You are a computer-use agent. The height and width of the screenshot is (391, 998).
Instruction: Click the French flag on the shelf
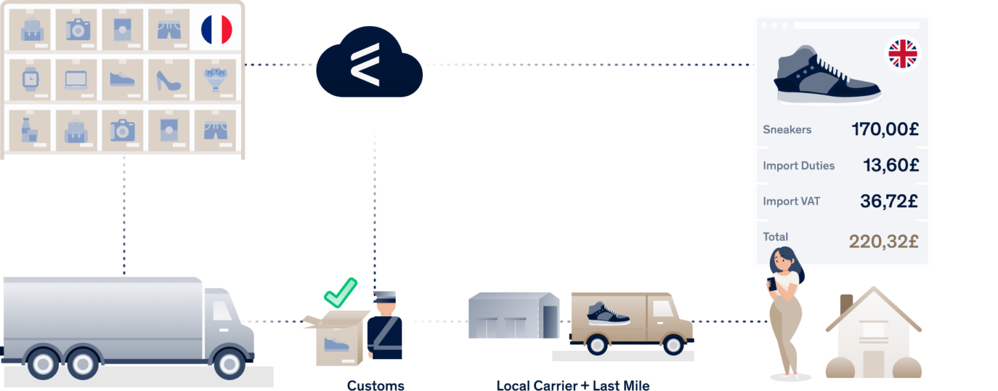[x=216, y=30]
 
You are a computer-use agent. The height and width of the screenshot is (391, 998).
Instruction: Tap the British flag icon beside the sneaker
[x=902, y=54]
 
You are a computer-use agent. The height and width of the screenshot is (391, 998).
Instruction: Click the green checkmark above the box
[x=340, y=293]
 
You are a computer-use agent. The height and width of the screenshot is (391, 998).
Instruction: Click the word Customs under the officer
[x=376, y=385]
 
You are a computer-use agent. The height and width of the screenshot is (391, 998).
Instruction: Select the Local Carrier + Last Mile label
[x=572, y=385]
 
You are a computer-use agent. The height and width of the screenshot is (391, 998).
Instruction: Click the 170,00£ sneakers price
[x=884, y=129]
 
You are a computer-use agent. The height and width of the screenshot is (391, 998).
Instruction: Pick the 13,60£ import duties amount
[x=890, y=166]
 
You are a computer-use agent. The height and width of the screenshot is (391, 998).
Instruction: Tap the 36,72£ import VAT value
[x=888, y=201]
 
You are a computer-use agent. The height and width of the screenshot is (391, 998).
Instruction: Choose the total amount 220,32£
[x=883, y=242]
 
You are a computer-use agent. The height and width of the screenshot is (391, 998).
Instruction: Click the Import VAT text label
[x=791, y=201]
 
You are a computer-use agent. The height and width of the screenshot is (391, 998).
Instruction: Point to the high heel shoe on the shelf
[x=168, y=80]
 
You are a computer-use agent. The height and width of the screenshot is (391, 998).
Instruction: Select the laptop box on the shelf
[x=76, y=80]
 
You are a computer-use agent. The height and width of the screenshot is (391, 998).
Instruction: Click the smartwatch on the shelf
[x=30, y=80]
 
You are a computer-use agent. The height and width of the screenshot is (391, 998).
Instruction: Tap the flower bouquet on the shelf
[x=215, y=80]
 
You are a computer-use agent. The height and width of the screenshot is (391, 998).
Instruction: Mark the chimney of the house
[x=845, y=304]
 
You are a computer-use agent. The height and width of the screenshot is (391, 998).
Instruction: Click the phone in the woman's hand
[x=773, y=284]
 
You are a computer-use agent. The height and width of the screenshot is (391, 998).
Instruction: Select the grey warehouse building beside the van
[x=513, y=316]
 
